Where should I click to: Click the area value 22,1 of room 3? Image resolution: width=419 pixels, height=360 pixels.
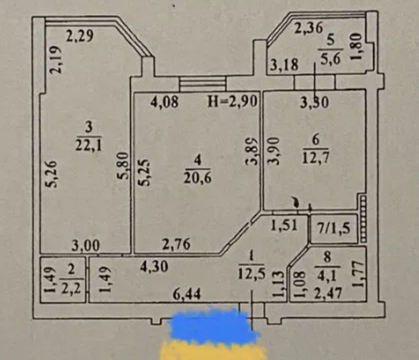click(x=89, y=145)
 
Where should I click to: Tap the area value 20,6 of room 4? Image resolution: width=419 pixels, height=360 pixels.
click(x=198, y=177)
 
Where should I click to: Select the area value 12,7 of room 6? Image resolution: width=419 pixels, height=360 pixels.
click(x=316, y=158)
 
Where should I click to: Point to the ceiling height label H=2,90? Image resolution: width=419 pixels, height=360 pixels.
click(x=233, y=101)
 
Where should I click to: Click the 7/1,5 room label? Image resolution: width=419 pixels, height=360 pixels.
click(x=333, y=228)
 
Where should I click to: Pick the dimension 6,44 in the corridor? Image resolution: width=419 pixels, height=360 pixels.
click(x=187, y=295)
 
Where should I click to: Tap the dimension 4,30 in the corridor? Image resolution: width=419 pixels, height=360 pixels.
click(x=154, y=266)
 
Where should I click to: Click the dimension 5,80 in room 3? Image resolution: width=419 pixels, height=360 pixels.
click(x=123, y=165)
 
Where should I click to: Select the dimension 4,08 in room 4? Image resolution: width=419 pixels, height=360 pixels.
click(x=164, y=101)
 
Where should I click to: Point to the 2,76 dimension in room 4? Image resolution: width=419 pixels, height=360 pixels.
click(x=177, y=244)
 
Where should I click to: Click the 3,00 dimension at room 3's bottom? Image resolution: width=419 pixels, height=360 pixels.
click(x=86, y=246)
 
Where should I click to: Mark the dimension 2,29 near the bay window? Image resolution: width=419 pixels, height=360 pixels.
click(x=80, y=36)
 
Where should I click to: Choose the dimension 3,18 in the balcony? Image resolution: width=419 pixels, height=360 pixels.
click(x=284, y=65)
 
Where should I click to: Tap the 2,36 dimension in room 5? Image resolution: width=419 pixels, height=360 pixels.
click(x=309, y=28)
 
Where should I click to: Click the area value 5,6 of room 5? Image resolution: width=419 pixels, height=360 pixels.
click(x=330, y=59)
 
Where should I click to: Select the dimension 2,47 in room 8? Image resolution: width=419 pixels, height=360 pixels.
click(x=327, y=293)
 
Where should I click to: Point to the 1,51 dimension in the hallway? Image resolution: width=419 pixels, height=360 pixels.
click(x=284, y=225)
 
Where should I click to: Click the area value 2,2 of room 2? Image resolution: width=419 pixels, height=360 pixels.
click(x=71, y=288)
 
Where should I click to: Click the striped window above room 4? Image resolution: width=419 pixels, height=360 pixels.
click(x=203, y=84)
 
